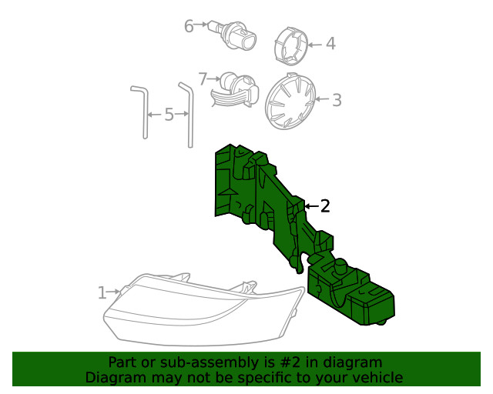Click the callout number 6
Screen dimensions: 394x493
pyautogui.click(x=189, y=26)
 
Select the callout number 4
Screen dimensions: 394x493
pyautogui.click(x=330, y=44)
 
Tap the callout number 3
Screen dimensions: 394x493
pyautogui.click(x=337, y=99)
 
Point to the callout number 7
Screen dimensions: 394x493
pyautogui.click(x=203, y=78)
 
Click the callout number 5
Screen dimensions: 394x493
pyautogui.click(x=169, y=115)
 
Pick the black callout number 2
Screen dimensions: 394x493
pyautogui.click(x=325, y=205)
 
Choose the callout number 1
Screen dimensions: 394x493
pyautogui.click(x=102, y=292)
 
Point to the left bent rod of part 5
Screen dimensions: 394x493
pyautogui.click(x=143, y=112)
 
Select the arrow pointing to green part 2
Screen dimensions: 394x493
pyautogui.click(x=311, y=206)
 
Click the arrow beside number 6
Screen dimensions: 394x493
pyautogui.click(x=203, y=25)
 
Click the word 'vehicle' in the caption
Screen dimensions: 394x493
pyautogui.click(x=377, y=377)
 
